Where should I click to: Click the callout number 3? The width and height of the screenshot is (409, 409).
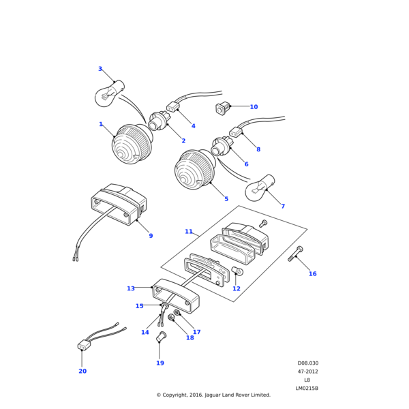[100, 69]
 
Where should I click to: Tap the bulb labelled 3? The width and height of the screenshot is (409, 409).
[109, 94]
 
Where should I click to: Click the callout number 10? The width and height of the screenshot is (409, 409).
[254, 107]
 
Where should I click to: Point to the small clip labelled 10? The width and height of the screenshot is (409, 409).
[222, 107]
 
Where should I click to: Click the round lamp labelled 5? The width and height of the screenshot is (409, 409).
[194, 170]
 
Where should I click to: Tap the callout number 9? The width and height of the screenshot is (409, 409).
[151, 236]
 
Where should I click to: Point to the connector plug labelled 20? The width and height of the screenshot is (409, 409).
[84, 345]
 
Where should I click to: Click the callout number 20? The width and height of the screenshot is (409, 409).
[82, 372]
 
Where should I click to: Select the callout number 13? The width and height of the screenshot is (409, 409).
[131, 288]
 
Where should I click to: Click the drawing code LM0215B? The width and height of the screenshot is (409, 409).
[307, 389]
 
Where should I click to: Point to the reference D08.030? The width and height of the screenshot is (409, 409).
[307, 363]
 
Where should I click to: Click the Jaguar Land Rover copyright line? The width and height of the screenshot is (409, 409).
[213, 395]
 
